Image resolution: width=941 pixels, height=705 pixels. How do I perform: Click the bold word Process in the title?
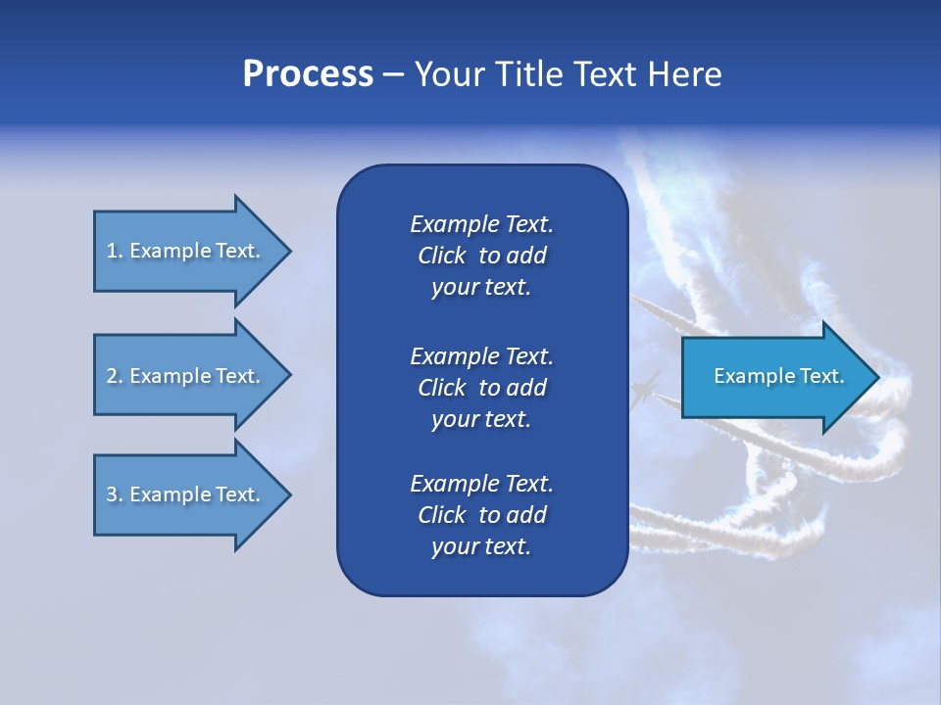click(x=308, y=74)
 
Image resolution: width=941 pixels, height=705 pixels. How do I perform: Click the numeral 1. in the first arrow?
click(x=115, y=251)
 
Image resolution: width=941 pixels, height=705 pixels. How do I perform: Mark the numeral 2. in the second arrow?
click(x=115, y=376)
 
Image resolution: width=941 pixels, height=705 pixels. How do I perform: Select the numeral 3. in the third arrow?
click(x=115, y=494)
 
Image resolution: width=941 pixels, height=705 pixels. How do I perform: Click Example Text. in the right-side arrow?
click(x=778, y=376)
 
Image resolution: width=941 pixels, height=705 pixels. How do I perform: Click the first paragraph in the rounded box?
click(x=481, y=256)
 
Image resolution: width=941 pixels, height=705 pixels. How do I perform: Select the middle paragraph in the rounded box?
click(x=481, y=388)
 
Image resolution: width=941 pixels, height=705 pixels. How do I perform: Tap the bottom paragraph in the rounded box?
click(x=481, y=515)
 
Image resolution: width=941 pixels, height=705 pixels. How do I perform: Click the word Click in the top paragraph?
click(x=441, y=256)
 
